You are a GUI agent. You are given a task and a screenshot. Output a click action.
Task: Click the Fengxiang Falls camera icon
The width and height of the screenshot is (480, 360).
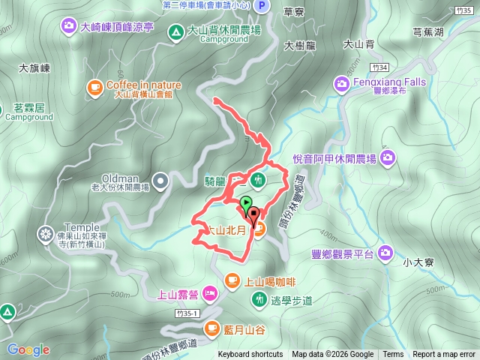click(341, 82)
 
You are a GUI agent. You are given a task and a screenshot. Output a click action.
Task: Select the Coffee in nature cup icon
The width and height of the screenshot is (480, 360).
click(95, 86)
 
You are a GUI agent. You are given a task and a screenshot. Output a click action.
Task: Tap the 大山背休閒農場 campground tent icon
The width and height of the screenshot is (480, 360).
click(175, 31)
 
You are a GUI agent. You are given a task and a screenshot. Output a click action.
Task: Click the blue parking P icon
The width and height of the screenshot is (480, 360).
click(262, 6)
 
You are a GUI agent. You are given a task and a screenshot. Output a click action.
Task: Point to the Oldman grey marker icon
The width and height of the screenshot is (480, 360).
click(160, 180)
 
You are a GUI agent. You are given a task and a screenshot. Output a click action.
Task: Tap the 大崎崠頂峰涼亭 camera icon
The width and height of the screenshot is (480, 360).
click(69, 27)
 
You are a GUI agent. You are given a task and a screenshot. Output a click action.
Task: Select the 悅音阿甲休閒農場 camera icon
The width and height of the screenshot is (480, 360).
click(387, 157)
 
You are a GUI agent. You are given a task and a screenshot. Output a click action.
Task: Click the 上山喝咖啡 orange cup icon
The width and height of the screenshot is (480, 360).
click(232, 281)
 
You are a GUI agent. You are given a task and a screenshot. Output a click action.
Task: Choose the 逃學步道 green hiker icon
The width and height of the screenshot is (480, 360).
click(259, 299)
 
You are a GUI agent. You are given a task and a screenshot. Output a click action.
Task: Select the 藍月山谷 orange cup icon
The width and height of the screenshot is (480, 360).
click(212, 328)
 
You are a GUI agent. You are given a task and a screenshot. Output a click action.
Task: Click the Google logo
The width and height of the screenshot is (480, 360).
click(28, 349)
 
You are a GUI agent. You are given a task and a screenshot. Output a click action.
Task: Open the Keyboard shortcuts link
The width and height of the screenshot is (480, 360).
click(250, 355)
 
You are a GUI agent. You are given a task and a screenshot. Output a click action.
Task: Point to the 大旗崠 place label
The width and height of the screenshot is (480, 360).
click(34, 67)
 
